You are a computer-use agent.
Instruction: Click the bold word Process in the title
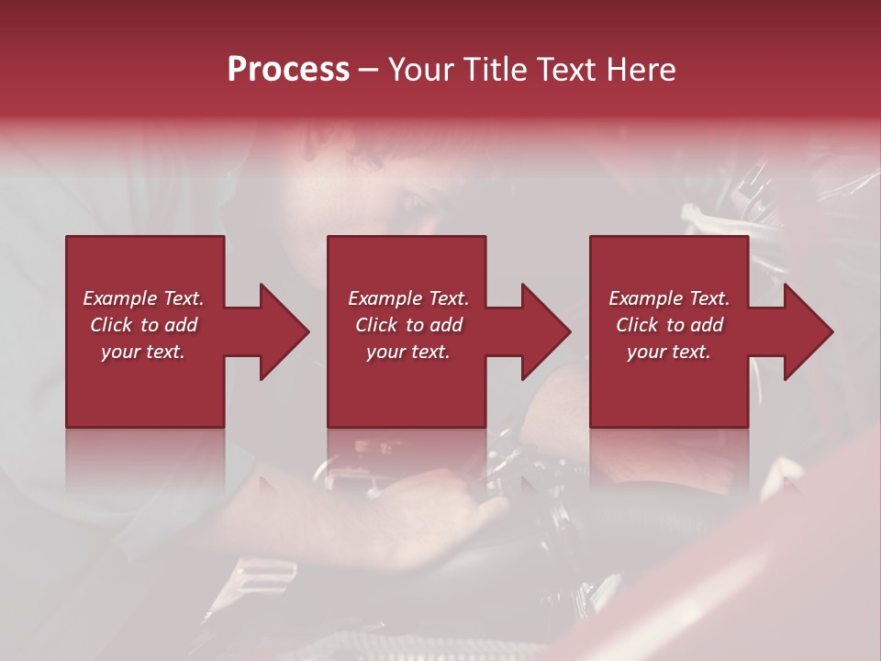pos(288,70)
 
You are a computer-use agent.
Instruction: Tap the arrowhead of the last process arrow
pos(807,331)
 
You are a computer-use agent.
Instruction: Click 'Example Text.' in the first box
pos(143,298)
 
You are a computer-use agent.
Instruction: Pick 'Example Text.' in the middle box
pos(408,298)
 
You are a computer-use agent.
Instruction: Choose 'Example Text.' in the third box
pos(669,298)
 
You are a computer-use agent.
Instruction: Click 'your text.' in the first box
pos(143,352)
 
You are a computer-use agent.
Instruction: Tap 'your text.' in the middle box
pos(408,352)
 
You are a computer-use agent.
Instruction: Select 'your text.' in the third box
pos(669,352)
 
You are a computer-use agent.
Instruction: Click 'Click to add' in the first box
pos(143,325)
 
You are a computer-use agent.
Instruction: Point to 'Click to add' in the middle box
pos(408,325)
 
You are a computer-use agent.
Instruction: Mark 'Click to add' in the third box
pos(669,325)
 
